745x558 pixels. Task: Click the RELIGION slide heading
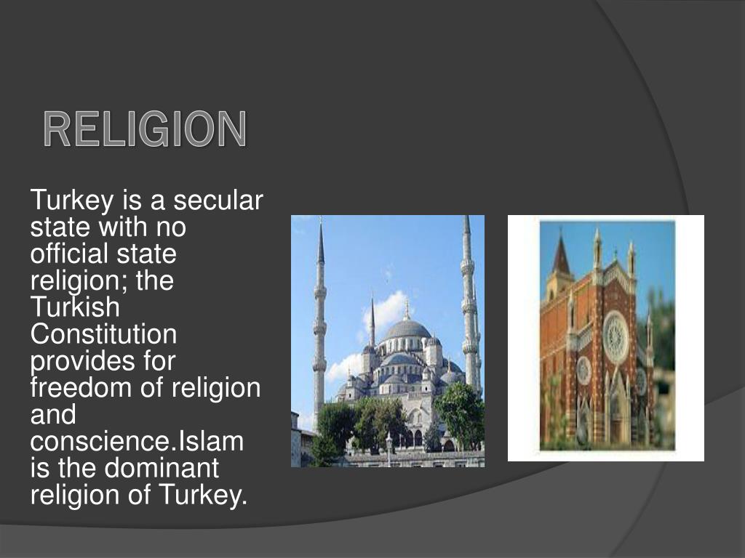(145, 129)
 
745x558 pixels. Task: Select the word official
(63, 254)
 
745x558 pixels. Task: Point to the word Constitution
(103, 334)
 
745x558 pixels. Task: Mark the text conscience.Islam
(136, 441)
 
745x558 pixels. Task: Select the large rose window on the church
(615, 336)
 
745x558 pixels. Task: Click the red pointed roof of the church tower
(561, 256)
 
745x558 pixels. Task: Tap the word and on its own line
(52, 415)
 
